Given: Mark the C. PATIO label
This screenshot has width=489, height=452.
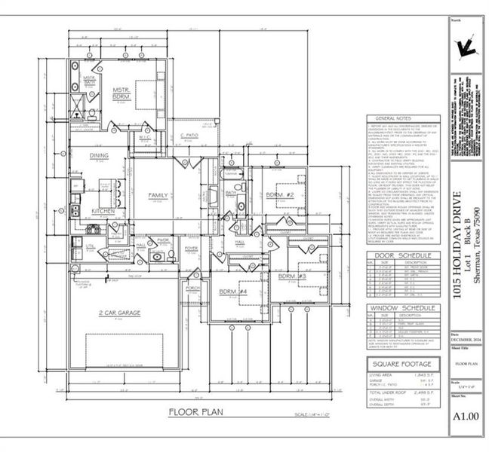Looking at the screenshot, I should [x=189, y=135].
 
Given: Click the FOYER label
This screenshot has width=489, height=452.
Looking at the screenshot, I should [x=191, y=247].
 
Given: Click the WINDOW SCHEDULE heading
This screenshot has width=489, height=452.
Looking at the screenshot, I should [x=400, y=309].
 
